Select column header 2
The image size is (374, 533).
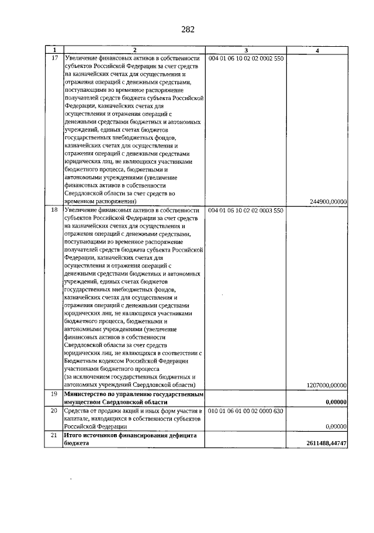[x=134, y=51]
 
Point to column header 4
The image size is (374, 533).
[x=316, y=51]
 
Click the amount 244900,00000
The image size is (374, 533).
[x=327, y=202]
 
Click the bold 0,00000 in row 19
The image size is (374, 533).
[x=336, y=403]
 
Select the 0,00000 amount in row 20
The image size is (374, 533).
[x=336, y=427]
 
